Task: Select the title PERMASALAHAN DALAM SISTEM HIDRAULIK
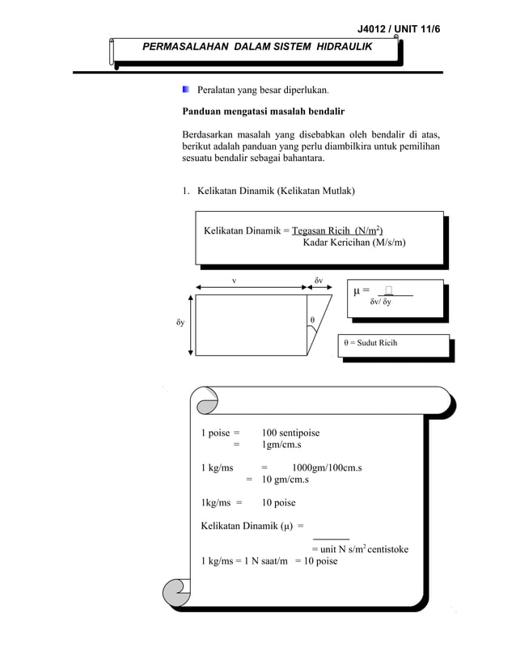pos(257,47)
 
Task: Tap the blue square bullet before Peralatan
pos(186,91)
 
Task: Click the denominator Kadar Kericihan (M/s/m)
pos(354,243)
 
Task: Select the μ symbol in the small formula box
pos(357,291)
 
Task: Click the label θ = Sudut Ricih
pos(370,343)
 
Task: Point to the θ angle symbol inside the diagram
pos(313,321)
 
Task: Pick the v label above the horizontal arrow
pos(235,281)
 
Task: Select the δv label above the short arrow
pos(319,281)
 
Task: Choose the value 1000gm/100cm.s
pos(327,467)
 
